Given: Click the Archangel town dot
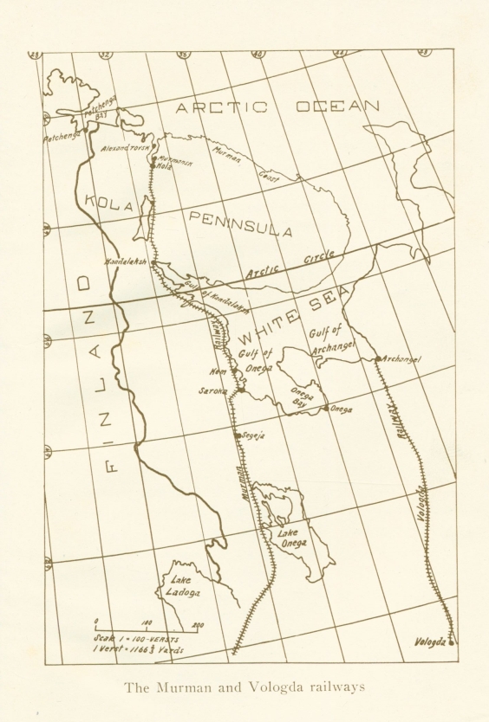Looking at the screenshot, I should click(376, 358).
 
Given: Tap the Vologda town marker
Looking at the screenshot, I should click(452, 643).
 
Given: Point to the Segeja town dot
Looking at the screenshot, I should click(237, 435).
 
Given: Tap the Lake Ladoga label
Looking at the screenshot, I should click(183, 586).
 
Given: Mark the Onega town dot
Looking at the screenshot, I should click(325, 409).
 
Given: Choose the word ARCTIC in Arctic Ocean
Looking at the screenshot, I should click(220, 107).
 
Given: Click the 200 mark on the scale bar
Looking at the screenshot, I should click(198, 624).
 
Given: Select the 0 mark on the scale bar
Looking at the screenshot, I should click(95, 621).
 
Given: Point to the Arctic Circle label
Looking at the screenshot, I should click(294, 265).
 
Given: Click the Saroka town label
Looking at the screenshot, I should click(212, 391).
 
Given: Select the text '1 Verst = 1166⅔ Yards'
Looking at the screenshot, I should click(140, 650).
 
